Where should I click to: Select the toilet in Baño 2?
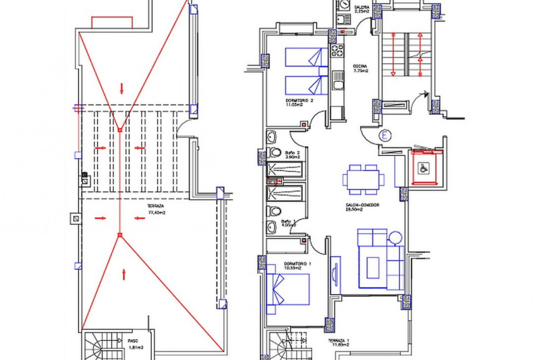275,153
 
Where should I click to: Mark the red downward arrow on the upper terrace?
122,88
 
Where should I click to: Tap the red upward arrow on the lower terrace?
124,274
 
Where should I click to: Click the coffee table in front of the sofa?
373,267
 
